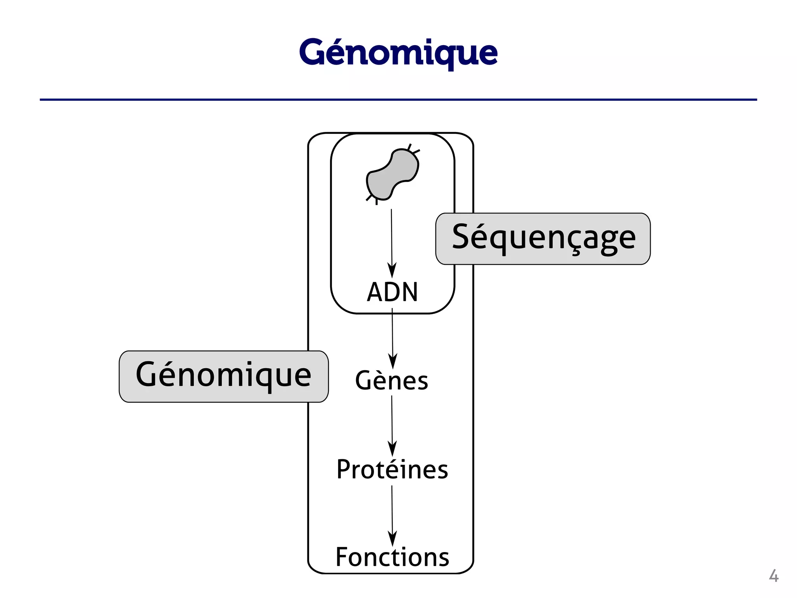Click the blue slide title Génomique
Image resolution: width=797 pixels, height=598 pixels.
click(398, 53)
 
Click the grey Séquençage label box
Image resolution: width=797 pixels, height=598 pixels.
click(543, 239)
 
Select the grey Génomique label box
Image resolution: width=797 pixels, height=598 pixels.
click(223, 376)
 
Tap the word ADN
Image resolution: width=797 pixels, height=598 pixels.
click(392, 292)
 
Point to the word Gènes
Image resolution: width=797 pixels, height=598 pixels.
click(391, 381)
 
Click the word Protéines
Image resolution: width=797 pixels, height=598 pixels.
click(392, 469)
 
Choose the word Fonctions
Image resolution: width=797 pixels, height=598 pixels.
click(392, 557)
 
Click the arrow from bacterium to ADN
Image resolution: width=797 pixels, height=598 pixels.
click(392, 237)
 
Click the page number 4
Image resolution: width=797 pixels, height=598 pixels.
click(773, 576)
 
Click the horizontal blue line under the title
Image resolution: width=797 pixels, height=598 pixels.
click(398, 100)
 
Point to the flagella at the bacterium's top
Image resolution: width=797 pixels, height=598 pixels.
click(413, 149)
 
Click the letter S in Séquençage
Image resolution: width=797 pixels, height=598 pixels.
click(462, 237)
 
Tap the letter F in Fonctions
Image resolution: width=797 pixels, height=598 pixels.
click(342, 557)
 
